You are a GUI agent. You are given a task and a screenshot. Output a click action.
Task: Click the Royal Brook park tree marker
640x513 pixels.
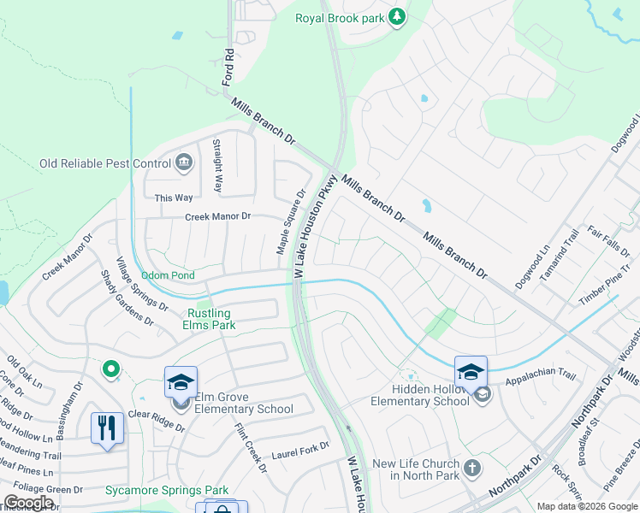pos(397,17)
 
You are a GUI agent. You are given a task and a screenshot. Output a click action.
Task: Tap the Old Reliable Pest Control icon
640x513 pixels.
pos(183,162)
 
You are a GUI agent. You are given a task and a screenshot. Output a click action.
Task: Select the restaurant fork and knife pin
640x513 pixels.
pos(106,427)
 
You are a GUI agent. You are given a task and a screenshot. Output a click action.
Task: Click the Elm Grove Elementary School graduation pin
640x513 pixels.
pos(181,381)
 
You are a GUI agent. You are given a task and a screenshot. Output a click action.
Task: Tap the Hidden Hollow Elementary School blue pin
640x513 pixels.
pos(470,371)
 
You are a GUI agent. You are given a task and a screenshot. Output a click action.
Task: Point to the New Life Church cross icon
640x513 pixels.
pos(471,468)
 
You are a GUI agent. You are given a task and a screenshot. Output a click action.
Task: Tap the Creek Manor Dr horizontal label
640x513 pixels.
pos(218,217)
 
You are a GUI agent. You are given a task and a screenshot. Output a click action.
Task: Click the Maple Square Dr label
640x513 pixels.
pos(290,222)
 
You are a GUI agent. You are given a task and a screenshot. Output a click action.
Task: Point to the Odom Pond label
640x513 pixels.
pos(168,275)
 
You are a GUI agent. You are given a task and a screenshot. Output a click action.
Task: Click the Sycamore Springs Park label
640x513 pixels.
pos(167,490)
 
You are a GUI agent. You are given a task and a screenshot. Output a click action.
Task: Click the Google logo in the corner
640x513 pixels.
pos(28,503)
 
